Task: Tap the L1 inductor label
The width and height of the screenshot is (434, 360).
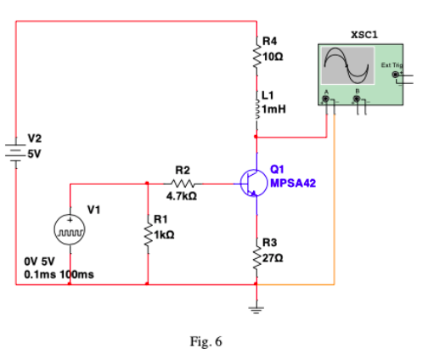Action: click(x=268, y=93)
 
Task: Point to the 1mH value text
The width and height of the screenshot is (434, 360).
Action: click(x=273, y=109)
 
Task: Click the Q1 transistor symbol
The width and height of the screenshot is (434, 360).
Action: click(x=251, y=181)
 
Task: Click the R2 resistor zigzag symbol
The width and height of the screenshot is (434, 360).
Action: click(x=185, y=183)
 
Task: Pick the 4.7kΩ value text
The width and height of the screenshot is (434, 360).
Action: click(x=184, y=197)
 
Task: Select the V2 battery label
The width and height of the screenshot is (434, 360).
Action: click(x=36, y=138)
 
